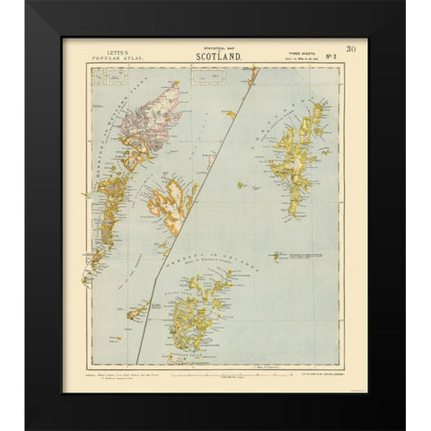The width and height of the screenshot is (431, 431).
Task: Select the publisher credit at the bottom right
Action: point(312,365)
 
